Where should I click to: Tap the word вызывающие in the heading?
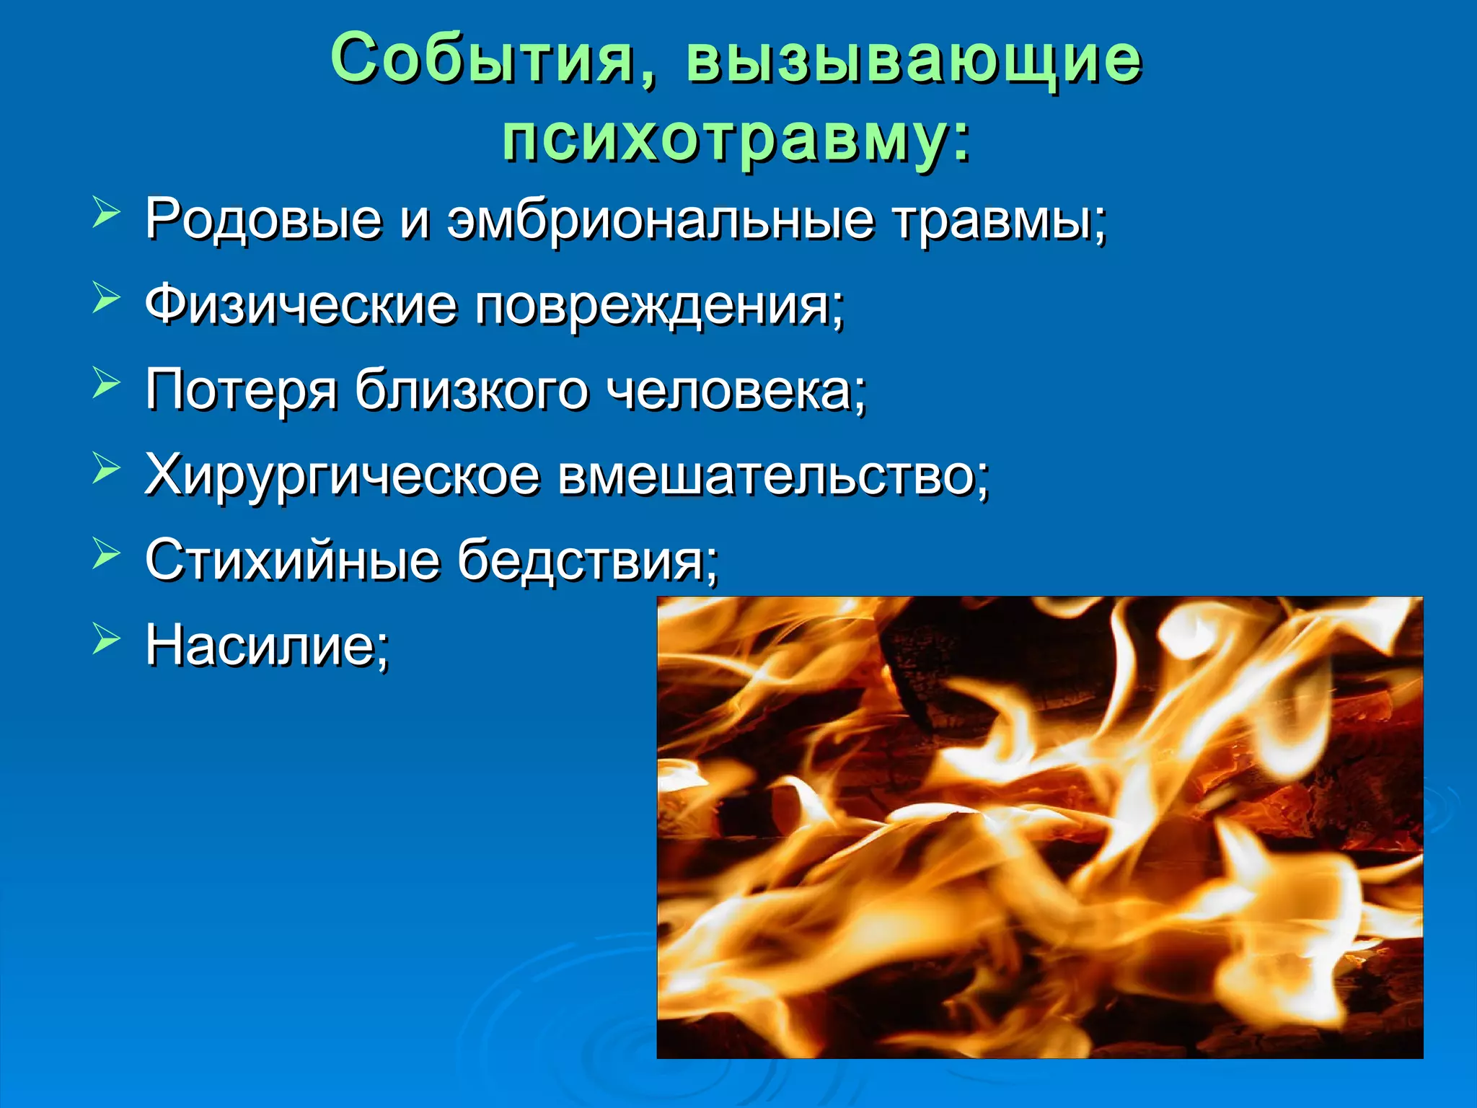click(x=914, y=59)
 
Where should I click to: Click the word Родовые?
click(x=263, y=218)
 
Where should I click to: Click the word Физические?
click(x=301, y=304)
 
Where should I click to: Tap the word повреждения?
click(x=658, y=306)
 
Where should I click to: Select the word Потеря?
click(x=241, y=390)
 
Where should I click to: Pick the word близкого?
click(x=471, y=390)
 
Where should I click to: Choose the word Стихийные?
click(x=292, y=560)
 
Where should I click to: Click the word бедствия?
click(x=587, y=560)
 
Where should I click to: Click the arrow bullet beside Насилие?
click(x=105, y=639)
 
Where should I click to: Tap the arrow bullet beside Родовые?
click(x=105, y=214)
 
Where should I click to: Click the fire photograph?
click(x=1039, y=827)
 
